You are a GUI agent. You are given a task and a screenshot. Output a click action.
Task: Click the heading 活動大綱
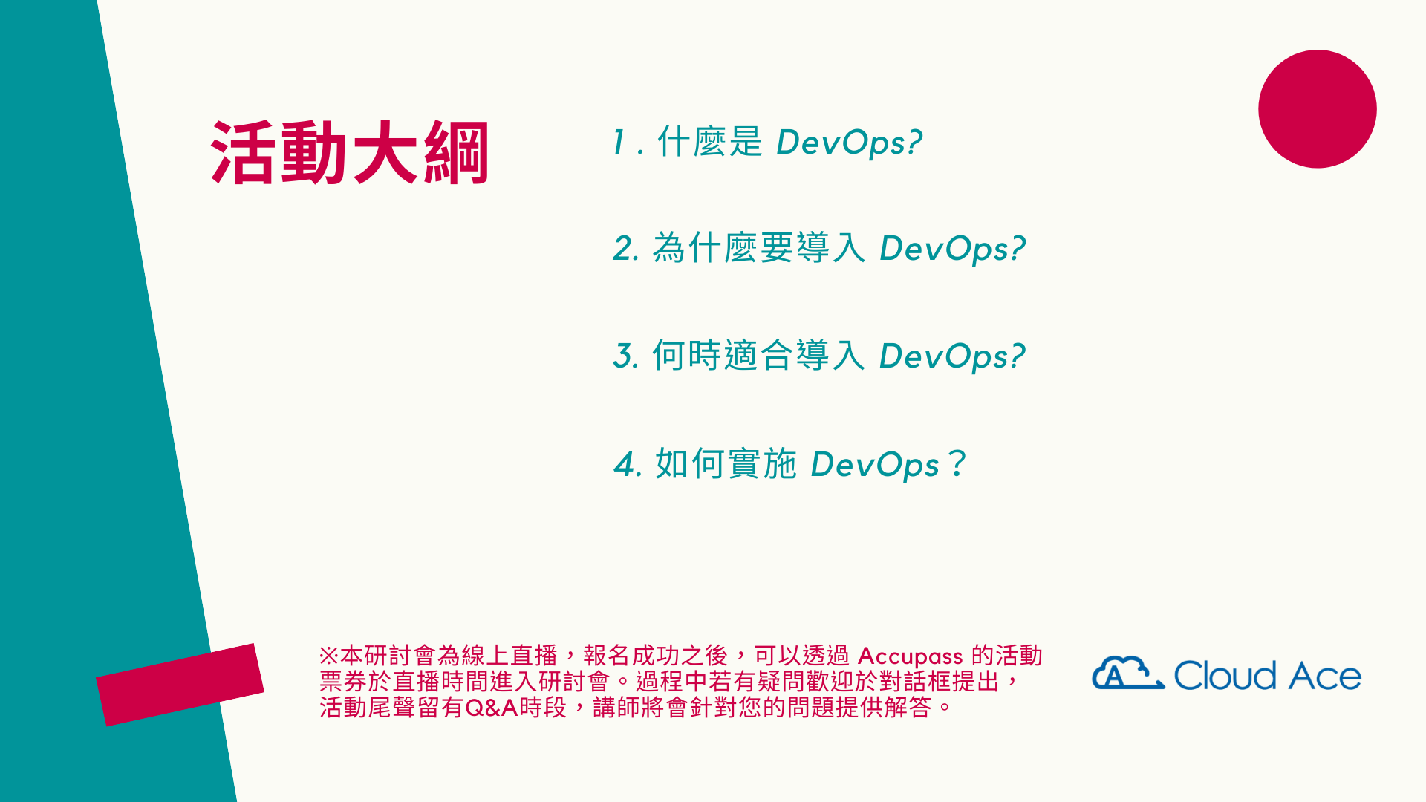350,152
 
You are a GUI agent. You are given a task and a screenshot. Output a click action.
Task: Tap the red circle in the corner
1317,109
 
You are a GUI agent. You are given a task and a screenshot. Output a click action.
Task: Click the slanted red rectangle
180,685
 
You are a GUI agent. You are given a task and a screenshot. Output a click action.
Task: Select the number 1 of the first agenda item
619,142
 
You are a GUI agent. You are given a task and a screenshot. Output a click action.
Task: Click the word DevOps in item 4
875,466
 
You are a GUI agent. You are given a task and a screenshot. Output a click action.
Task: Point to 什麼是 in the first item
710,142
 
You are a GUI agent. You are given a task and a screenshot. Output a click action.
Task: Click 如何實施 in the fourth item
726,464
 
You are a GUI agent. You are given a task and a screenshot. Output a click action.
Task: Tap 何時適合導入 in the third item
758,355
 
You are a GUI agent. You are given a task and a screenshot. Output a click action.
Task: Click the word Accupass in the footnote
911,657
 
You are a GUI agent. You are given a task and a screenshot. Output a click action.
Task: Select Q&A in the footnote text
491,708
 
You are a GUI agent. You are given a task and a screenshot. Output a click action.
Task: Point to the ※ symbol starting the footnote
329,656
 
